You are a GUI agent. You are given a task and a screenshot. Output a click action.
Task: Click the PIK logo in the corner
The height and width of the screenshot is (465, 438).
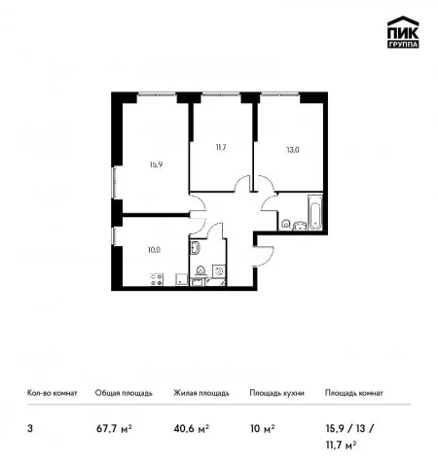(403, 32)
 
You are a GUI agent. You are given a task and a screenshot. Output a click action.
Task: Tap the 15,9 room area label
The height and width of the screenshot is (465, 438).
(156, 164)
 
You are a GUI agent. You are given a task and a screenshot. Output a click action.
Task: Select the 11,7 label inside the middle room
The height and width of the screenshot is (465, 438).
(221, 147)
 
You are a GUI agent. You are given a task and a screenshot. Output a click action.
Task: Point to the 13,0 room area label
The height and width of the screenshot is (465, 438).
(293, 150)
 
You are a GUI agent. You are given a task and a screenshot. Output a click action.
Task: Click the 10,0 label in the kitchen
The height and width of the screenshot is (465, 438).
(154, 250)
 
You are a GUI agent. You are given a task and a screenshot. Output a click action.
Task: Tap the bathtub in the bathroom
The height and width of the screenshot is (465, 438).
(314, 212)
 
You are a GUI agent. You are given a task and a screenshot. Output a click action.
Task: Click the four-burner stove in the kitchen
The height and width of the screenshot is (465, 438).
(157, 279)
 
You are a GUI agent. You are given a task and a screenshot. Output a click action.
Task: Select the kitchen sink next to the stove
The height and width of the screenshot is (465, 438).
(182, 279)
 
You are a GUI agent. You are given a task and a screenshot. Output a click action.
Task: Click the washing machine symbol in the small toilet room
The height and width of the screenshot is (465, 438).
(219, 270)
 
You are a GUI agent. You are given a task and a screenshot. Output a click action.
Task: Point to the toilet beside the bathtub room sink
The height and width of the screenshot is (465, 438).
(285, 225)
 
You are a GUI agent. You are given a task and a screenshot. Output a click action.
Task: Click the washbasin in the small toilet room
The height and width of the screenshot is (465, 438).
(196, 248)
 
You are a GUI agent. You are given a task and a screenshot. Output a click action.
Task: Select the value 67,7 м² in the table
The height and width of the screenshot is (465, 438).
(114, 429)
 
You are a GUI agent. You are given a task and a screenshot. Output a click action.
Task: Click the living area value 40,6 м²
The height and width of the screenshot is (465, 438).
(192, 429)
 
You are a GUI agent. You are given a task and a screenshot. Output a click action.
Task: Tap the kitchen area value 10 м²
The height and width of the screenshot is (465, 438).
(263, 429)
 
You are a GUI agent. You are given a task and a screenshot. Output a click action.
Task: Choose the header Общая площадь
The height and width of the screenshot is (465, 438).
(124, 393)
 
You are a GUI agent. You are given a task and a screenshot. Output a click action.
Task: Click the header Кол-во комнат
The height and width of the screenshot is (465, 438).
(53, 393)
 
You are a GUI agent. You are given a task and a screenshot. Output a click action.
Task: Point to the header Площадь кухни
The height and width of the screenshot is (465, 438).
(276, 393)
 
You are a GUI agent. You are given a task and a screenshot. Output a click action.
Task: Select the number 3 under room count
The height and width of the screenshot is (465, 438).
(30, 429)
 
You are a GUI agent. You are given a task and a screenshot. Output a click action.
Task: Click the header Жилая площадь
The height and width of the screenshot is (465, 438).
(201, 393)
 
